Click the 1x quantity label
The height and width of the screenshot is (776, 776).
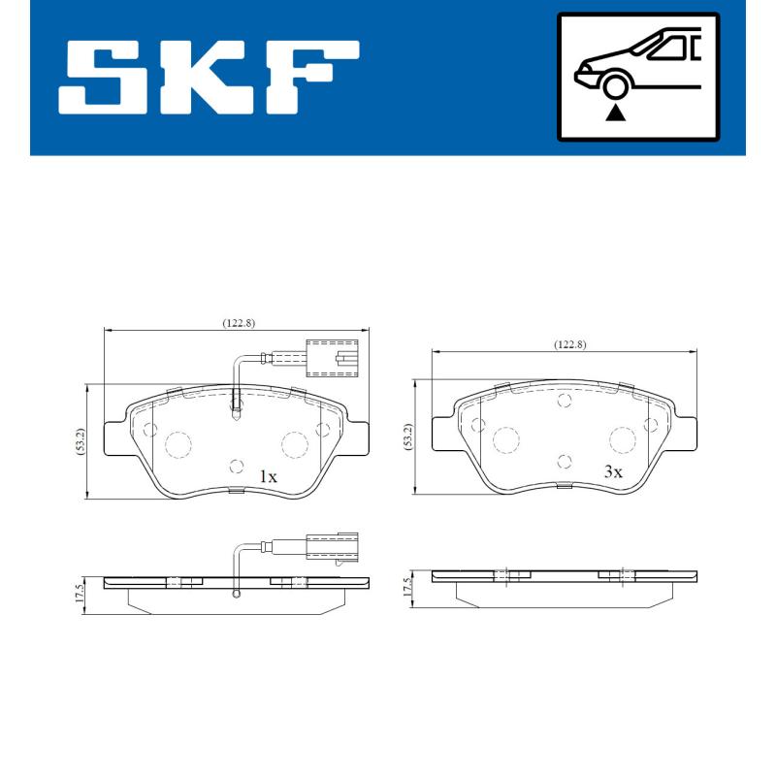pyautogui.click(x=268, y=476)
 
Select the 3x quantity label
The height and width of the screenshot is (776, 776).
pyautogui.click(x=612, y=471)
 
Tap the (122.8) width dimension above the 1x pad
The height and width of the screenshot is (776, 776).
pyautogui.click(x=238, y=324)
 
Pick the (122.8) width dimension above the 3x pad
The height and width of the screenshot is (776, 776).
pyautogui.click(x=569, y=344)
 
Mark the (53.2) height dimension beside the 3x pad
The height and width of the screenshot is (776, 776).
pyautogui.click(x=408, y=436)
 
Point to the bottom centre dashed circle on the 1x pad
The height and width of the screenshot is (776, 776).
pyautogui.click(x=235, y=466)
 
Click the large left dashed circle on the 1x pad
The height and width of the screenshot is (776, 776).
pyautogui.click(x=178, y=444)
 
